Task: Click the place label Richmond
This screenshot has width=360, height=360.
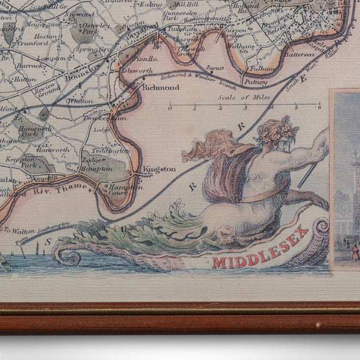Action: (160, 88)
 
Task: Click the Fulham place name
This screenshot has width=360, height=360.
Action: (262, 69)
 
